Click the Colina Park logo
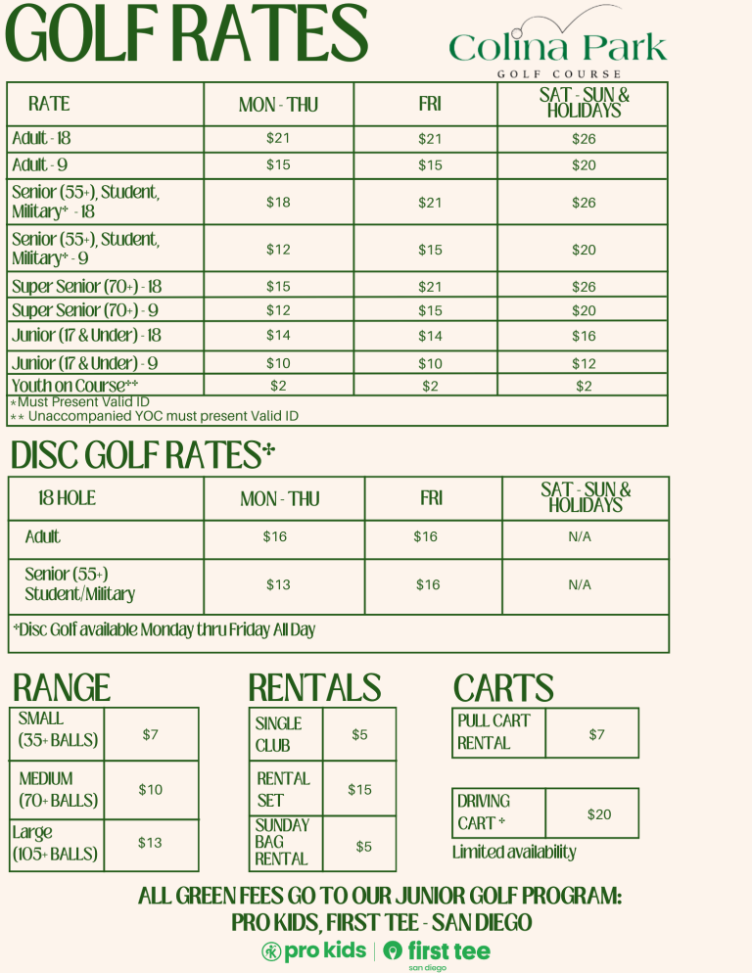click(x=557, y=43)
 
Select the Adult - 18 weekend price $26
click(x=584, y=139)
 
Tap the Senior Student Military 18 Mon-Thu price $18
click(x=278, y=203)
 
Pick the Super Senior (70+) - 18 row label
click(x=86, y=287)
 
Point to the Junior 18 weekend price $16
click(x=584, y=336)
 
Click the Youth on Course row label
click(x=74, y=386)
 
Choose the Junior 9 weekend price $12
click(x=584, y=363)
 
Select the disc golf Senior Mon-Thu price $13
click(x=278, y=584)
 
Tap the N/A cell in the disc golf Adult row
click(x=580, y=536)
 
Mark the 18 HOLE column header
click(x=67, y=498)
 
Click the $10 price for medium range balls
click(x=150, y=789)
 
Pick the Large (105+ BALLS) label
click(x=55, y=843)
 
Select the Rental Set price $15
click(x=359, y=789)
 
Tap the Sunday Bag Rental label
click(x=281, y=842)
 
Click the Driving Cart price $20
click(x=598, y=814)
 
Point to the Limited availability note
click(x=514, y=853)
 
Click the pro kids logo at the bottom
click(x=314, y=950)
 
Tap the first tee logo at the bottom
click(x=437, y=951)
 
